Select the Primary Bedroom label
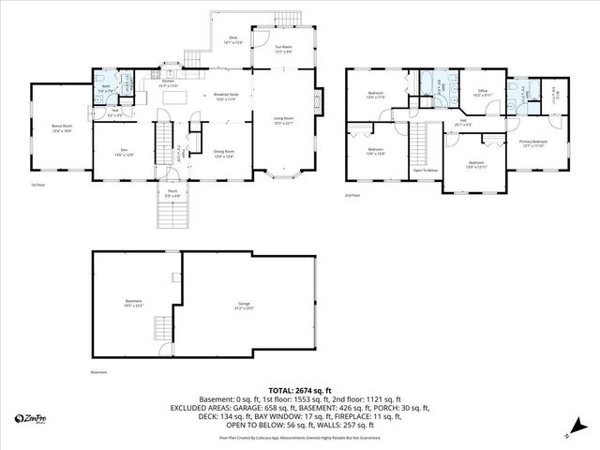[x=533, y=142]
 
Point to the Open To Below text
[x=426, y=170]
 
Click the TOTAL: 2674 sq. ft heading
[x=300, y=389]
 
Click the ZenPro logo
[x=32, y=419]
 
